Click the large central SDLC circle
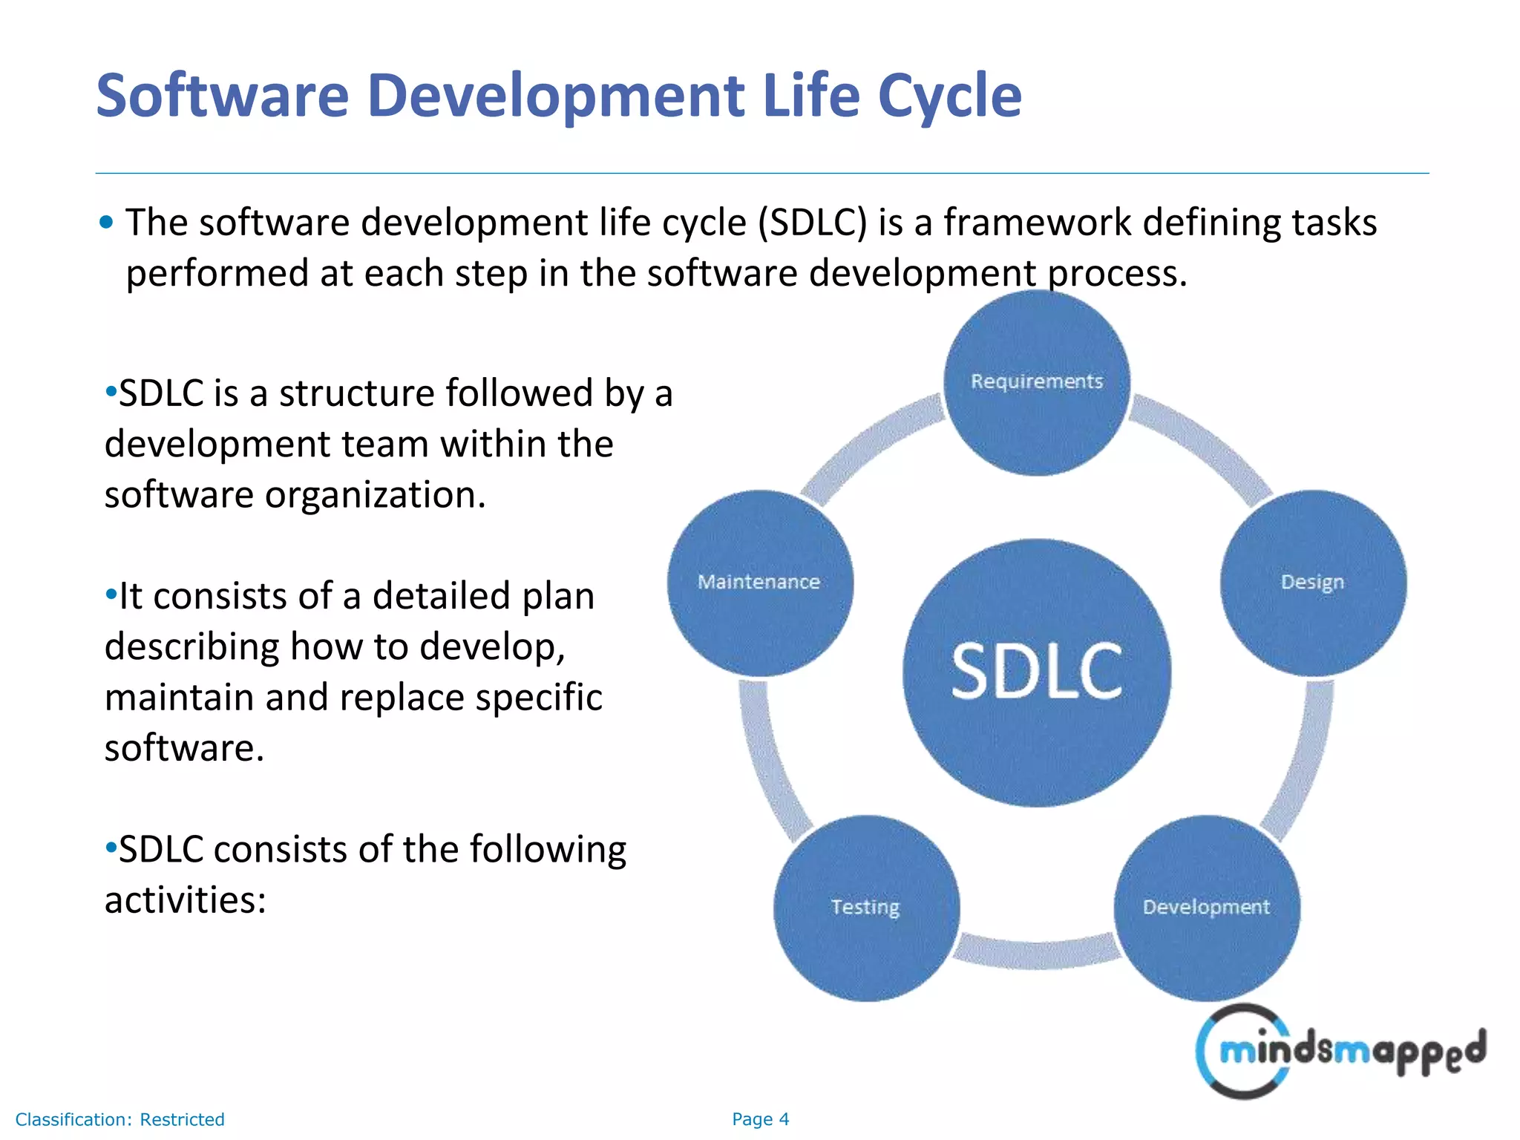[1037, 672]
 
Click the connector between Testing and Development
[1037, 953]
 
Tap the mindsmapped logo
[1340, 1051]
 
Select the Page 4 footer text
[760, 1119]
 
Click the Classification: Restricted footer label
[119, 1119]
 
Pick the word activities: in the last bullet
[185, 900]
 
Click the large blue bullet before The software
[106, 222]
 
